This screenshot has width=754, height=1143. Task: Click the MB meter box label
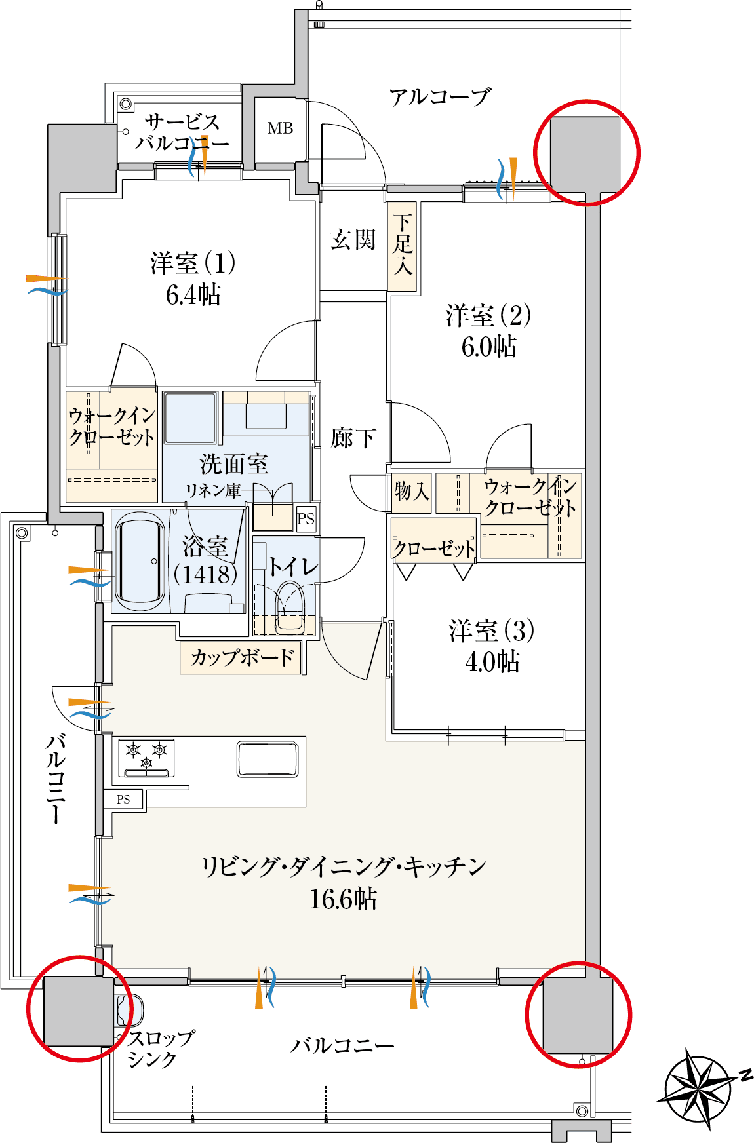coord(280,128)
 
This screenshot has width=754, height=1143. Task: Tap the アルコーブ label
coord(440,97)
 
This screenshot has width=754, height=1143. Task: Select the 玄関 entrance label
coord(353,240)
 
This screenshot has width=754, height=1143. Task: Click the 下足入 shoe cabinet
coord(402,246)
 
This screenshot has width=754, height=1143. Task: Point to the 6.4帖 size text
coord(193,295)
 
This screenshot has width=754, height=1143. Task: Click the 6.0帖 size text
coord(489,347)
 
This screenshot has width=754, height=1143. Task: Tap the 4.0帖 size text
coord(492,662)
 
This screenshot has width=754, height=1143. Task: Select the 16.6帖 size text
coord(343,899)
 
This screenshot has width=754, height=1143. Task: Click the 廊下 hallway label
coord(353,438)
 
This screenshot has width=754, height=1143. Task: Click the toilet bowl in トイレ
coord(290,606)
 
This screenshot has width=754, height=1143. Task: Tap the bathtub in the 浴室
coord(140,562)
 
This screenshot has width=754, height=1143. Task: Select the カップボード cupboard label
coord(243,657)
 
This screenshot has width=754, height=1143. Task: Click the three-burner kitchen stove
coord(146,758)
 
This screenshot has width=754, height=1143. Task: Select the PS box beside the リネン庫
coord(306,519)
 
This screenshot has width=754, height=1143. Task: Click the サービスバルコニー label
coord(182,132)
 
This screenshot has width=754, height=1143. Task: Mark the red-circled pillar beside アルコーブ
coord(585,152)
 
